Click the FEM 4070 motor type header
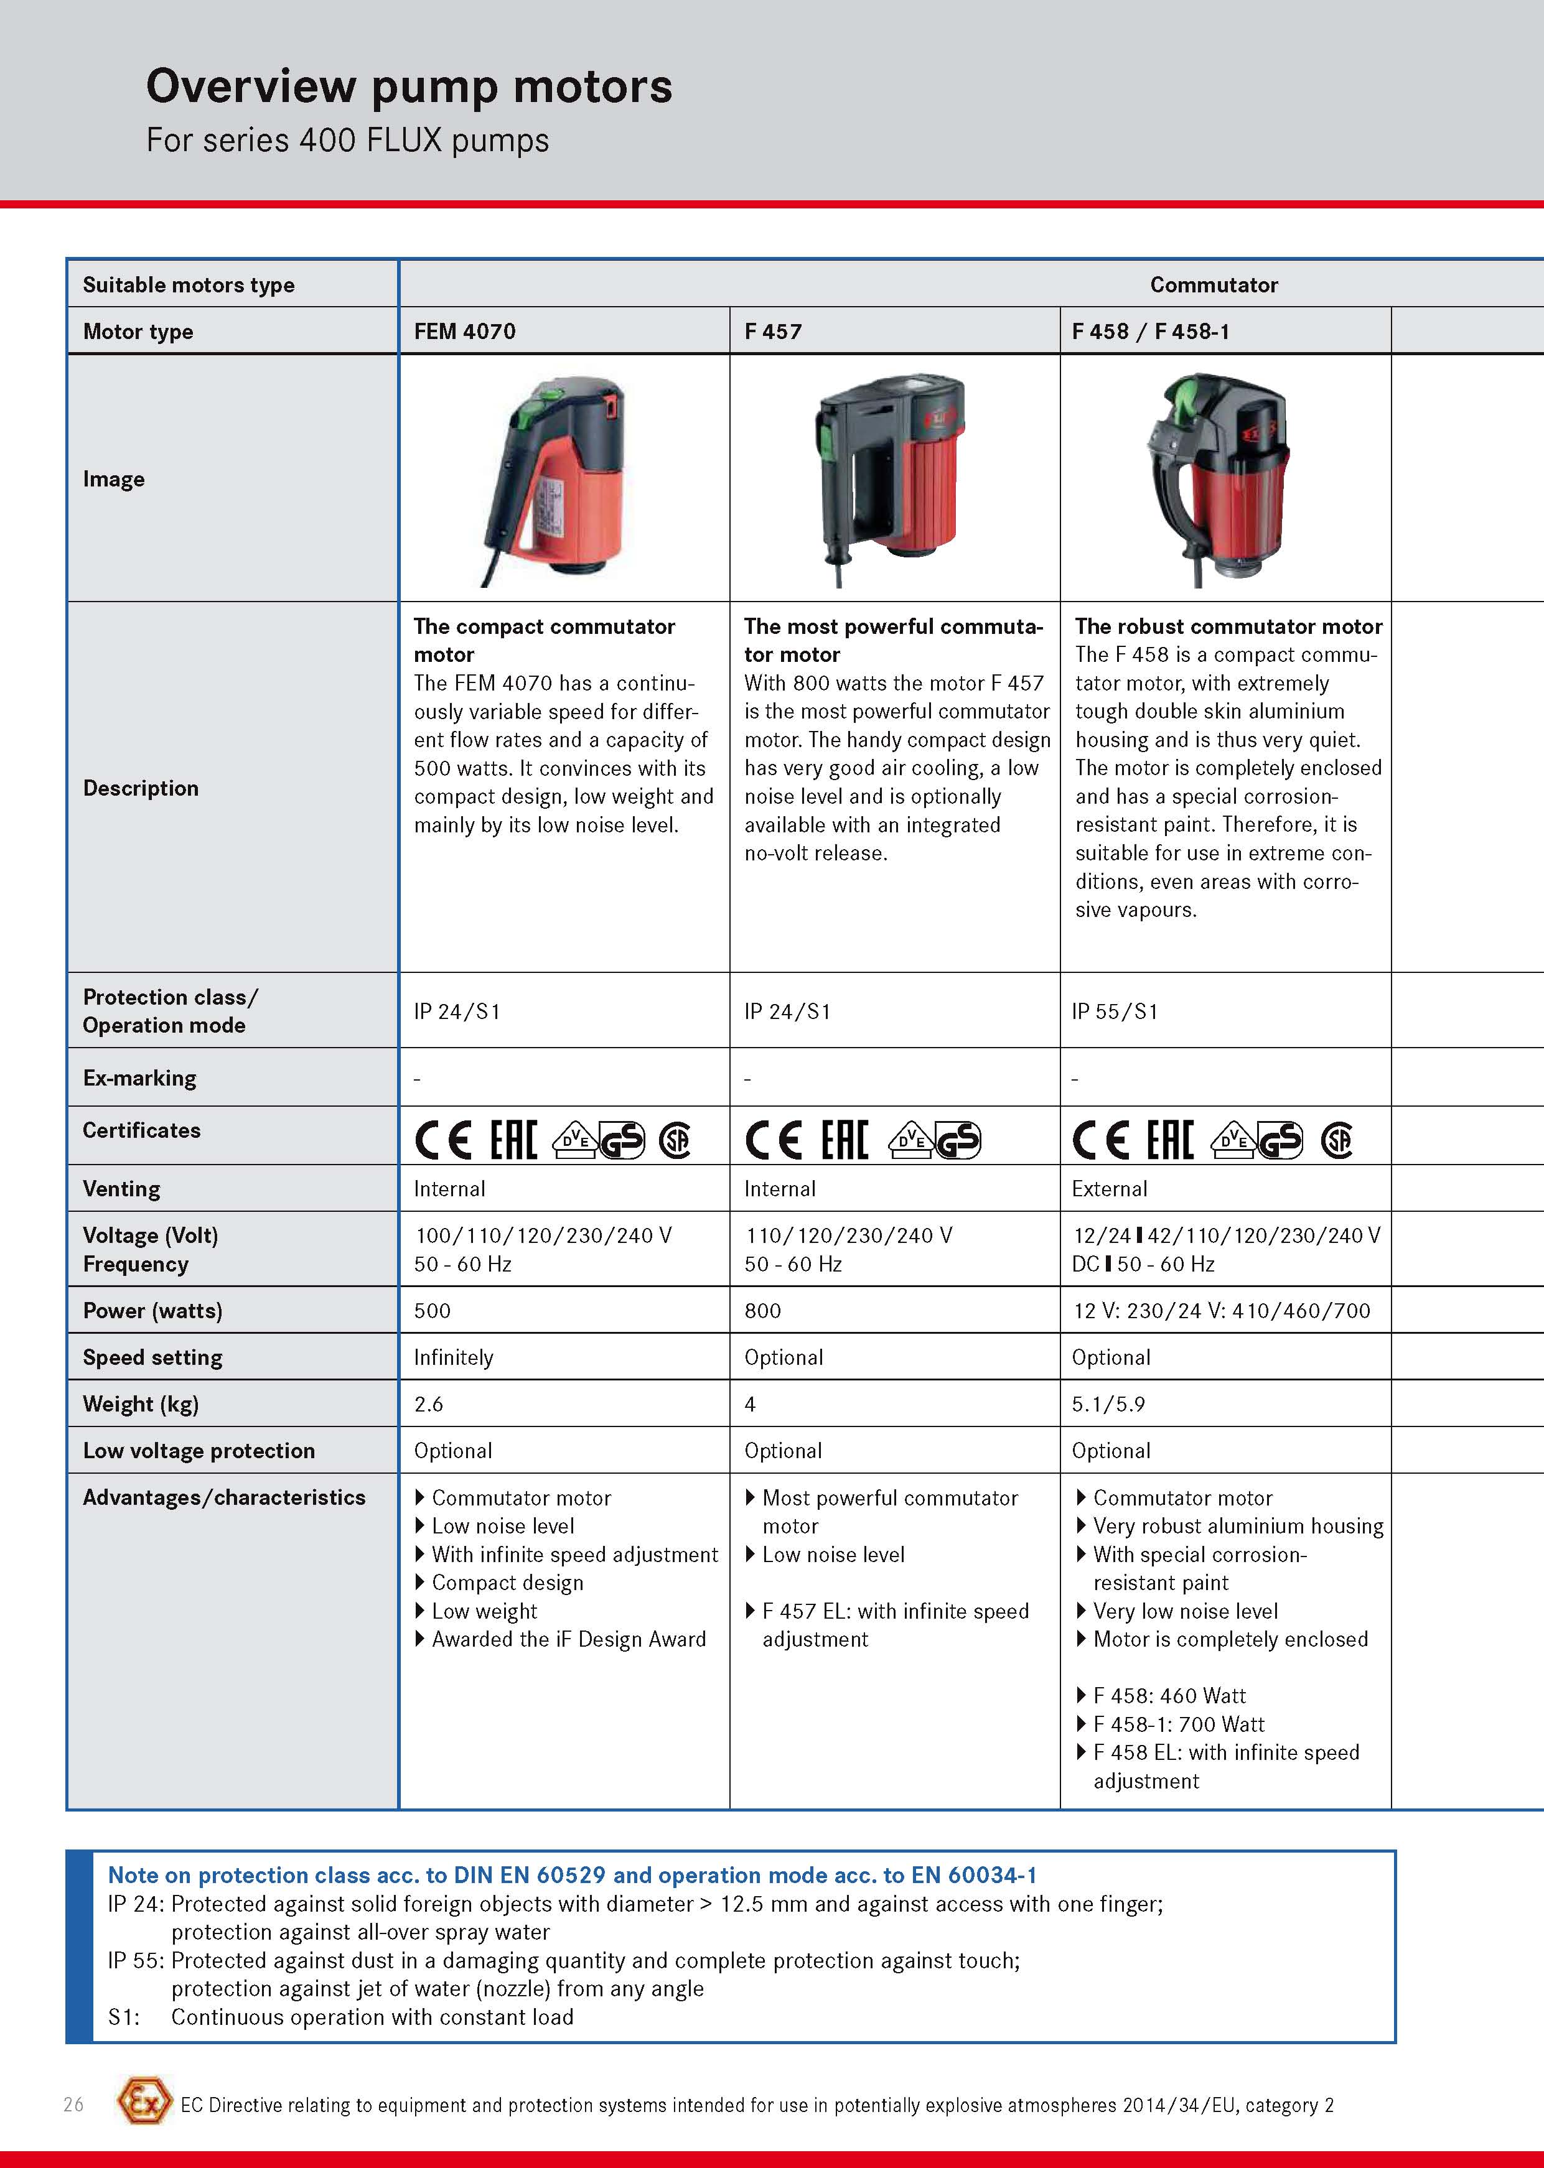tap(464, 332)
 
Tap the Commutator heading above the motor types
tap(1213, 285)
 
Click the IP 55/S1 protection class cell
tap(1114, 1012)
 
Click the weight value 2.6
tap(429, 1404)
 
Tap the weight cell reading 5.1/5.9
tap(1108, 1404)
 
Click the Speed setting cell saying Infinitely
tap(454, 1357)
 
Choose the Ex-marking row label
tap(140, 1078)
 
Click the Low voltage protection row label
tap(199, 1450)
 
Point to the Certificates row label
tap(142, 1130)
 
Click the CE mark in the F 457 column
tap(773, 1140)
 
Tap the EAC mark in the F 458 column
tap(1169, 1140)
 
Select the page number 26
tap(73, 2105)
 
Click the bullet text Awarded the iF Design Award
tap(569, 1640)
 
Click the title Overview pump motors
tap(409, 86)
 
